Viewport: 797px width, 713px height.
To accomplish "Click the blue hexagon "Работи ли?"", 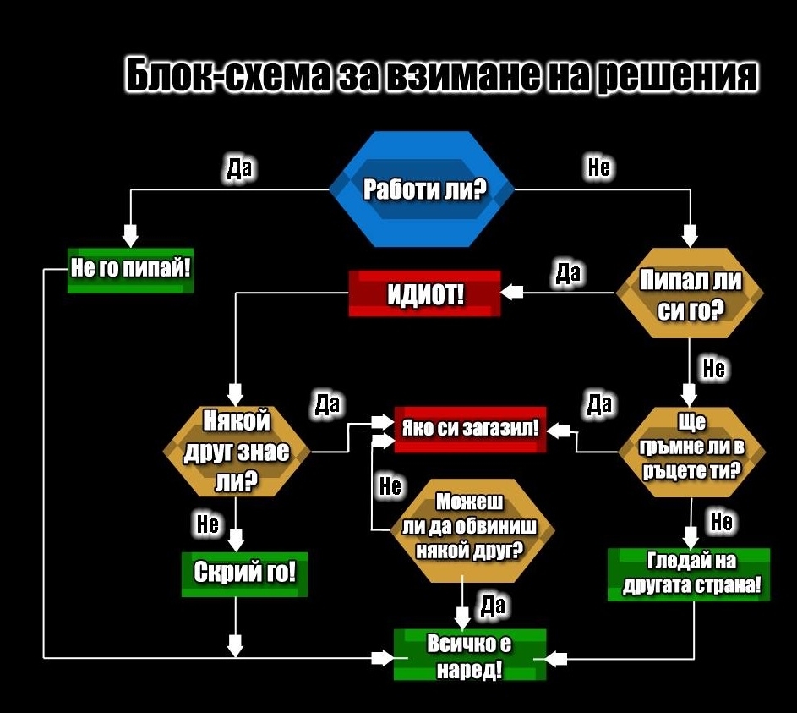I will click(x=420, y=189).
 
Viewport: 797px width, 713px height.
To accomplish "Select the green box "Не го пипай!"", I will click(x=130, y=270).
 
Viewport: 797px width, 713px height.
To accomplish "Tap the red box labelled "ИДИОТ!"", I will click(x=424, y=293).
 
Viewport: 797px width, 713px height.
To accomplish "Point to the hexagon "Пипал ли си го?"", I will click(x=690, y=294).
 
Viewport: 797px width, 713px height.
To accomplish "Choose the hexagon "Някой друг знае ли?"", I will click(x=236, y=452).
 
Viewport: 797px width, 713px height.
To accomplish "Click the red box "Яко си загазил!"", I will click(x=470, y=429).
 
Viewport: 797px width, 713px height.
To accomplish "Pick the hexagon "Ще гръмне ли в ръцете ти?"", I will click(x=691, y=447).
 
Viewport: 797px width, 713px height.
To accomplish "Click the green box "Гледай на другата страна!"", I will click(x=689, y=574).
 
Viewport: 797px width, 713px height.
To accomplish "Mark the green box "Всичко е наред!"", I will click(x=470, y=655).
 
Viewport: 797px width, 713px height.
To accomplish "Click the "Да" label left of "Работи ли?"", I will click(x=240, y=168).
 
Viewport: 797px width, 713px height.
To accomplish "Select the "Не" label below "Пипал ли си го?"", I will click(x=714, y=369).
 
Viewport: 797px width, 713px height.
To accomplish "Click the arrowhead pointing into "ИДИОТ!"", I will click(x=511, y=293).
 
